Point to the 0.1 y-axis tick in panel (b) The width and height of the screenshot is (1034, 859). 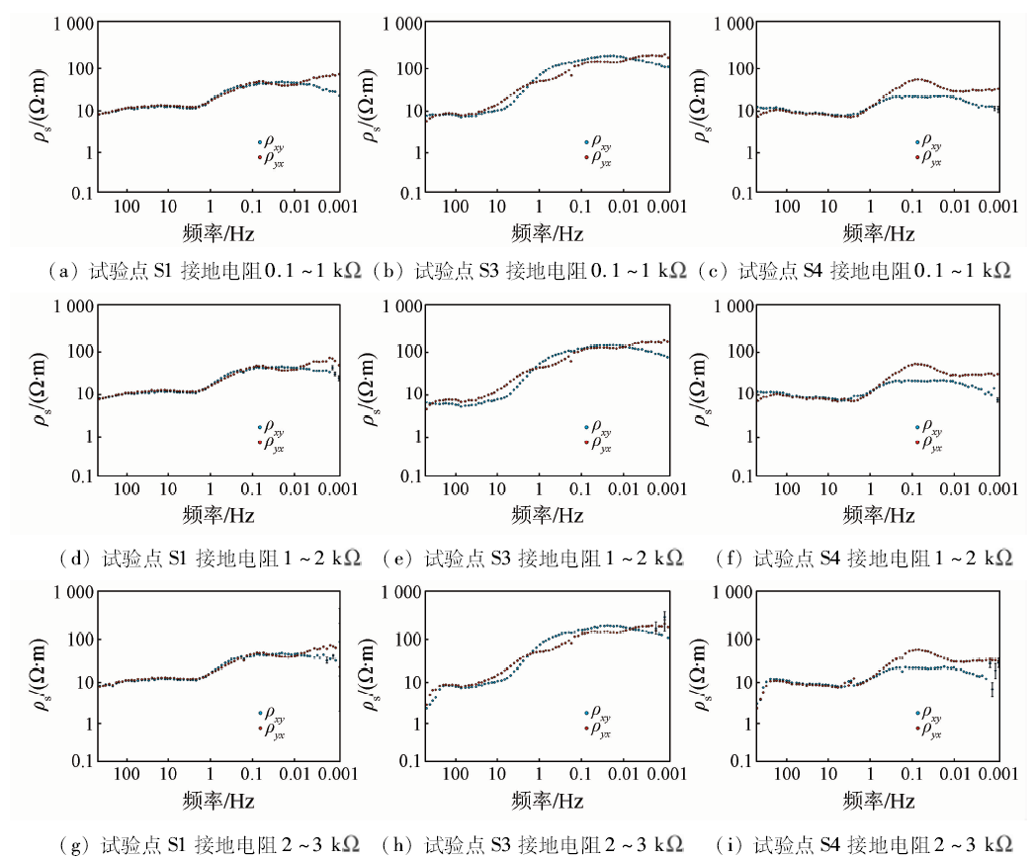click(401, 193)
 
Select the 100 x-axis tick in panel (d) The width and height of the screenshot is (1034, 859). click(127, 491)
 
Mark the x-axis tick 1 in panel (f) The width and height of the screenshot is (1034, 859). click(871, 491)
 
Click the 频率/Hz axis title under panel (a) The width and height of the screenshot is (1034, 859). click(217, 233)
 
